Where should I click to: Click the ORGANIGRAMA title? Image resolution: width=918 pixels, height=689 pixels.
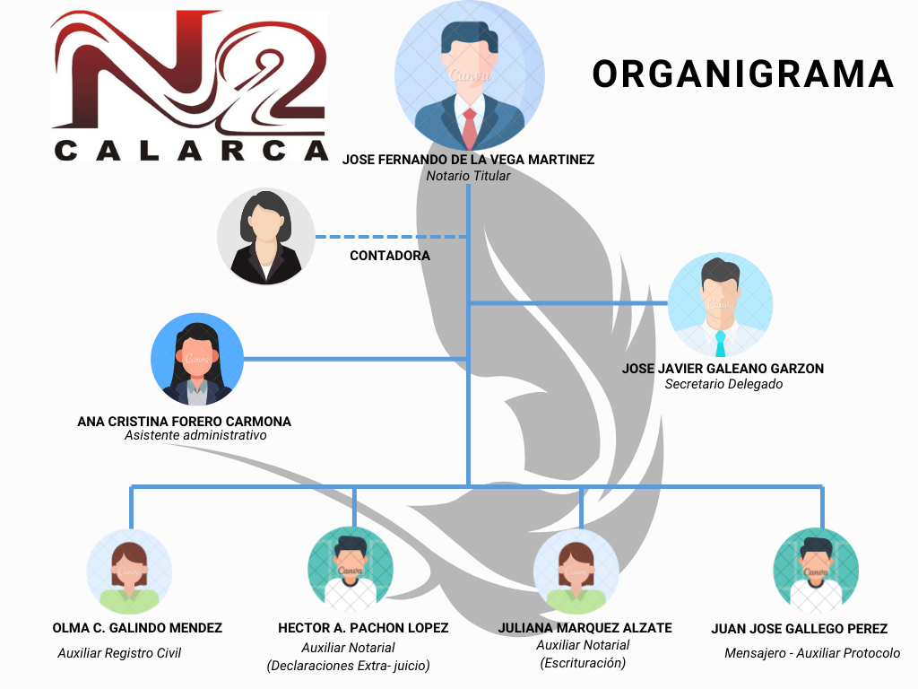pyautogui.click(x=743, y=74)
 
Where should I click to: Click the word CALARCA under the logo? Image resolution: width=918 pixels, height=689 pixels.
pyautogui.click(x=191, y=150)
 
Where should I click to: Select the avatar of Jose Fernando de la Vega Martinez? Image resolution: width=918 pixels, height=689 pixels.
pyautogui.click(x=469, y=75)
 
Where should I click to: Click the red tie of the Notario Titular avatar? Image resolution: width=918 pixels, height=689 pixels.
pyautogui.click(x=469, y=128)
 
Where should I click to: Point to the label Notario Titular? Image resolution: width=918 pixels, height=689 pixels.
pyautogui.click(x=468, y=176)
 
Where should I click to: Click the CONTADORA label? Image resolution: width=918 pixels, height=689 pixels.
pyautogui.click(x=390, y=256)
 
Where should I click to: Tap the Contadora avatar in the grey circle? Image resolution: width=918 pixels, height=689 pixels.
pyautogui.click(x=265, y=237)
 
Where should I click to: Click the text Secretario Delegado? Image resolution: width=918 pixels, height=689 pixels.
pyautogui.click(x=723, y=384)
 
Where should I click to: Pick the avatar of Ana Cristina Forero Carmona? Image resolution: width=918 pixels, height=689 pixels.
pyautogui.click(x=196, y=359)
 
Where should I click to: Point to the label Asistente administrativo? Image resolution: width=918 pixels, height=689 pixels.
pyautogui.click(x=195, y=436)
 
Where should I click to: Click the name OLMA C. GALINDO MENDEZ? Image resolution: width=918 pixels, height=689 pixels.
pyautogui.click(x=137, y=628)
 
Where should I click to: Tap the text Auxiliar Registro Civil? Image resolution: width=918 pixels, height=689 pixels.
pyautogui.click(x=119, y=653)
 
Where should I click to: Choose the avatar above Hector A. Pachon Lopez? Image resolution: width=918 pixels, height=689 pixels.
pyautogui.click(x=350, y=569)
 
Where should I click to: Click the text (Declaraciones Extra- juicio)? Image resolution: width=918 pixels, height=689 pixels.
pyautogui.click(x=348, y=666)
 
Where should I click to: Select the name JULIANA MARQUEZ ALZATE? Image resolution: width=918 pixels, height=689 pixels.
pyautogui.click(x=585, y=628)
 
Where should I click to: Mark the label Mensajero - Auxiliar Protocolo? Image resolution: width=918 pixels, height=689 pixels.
pyautogui.click(x=812, y=653)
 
